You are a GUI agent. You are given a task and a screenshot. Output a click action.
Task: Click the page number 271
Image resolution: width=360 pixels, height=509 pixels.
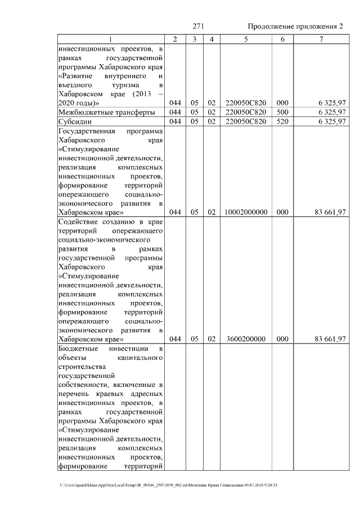tap(197, 26)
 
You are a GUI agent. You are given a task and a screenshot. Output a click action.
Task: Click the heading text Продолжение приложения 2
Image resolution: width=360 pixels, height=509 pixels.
tap(295, 26)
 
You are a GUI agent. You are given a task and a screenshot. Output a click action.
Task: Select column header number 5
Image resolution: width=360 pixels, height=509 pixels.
tap(246, 39)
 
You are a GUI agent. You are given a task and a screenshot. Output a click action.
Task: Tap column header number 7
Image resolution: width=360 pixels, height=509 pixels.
tap(321, 39)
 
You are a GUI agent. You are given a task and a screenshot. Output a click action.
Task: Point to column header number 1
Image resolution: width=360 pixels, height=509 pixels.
tap(110, 39)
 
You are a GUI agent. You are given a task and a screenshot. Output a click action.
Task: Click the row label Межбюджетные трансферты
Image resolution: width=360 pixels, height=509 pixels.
tap(107, 112)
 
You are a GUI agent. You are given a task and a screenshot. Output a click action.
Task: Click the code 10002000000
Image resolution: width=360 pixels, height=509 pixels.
tap(246, 212)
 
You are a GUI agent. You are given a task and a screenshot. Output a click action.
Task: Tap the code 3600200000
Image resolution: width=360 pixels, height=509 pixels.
tap(246, 339)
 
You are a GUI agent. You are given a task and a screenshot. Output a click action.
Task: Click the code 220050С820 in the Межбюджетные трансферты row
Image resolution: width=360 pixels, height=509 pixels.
tap(246, 112)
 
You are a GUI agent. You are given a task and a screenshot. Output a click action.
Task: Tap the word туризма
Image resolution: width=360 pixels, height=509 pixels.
tap(110, 85)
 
